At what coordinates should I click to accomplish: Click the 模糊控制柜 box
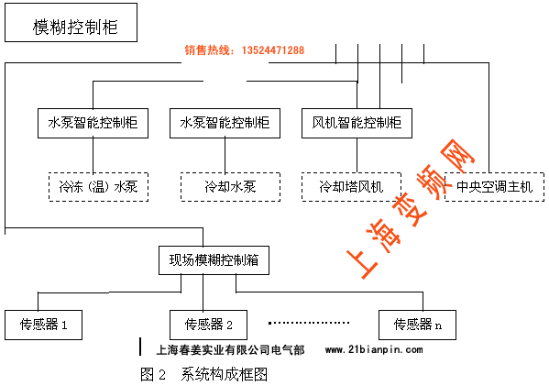coord(71,22)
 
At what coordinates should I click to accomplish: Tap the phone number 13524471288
coord(273,50)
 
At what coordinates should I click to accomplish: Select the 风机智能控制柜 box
coord(357,123)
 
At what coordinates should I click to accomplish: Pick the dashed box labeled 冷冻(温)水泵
coord(98,187)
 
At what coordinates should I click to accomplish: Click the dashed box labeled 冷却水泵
coord(230,187)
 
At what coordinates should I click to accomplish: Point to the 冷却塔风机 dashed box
coord(351,187)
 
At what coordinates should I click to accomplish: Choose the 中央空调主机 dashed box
coord(494,187)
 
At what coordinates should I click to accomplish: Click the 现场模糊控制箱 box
coord(214,260)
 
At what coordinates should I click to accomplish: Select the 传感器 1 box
coord(43,325)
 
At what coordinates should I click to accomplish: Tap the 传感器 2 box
coord(208,325)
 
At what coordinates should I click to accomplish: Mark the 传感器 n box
coord(417,325)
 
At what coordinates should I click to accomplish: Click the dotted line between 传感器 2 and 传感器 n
coord(309,323)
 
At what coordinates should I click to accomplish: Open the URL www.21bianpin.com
coord(374,349)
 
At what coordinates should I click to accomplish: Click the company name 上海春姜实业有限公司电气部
coord(230,349)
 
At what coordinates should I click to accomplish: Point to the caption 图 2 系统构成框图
coord(203,374)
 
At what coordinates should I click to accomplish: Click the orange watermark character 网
coord(455,156)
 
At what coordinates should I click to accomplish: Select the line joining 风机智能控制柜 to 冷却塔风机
coord(357,155)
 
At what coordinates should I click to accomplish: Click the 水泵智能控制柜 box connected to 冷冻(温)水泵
coord(93,123)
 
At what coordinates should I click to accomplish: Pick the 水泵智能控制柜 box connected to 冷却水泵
coord(225,123)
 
